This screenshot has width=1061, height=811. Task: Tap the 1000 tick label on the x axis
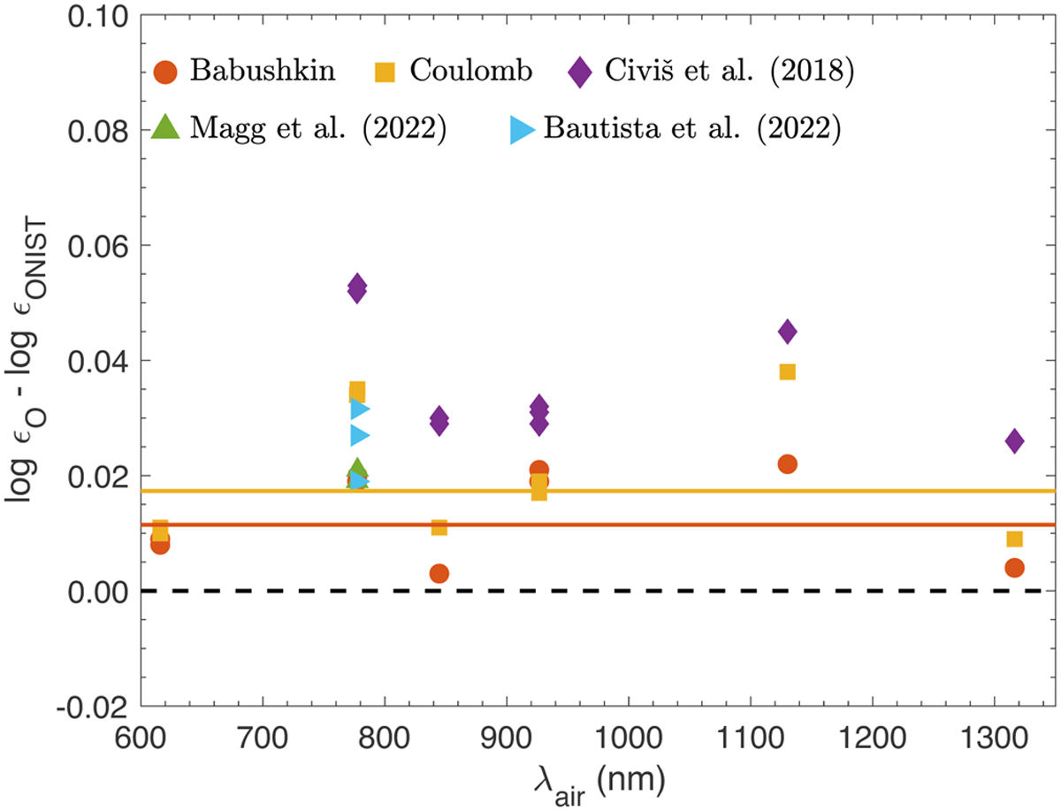click(628, 735)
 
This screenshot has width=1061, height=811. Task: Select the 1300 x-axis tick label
click(994, 735)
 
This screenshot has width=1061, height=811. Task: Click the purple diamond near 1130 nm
click(787, 332)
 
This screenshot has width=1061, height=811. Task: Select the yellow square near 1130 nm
click(787, 371)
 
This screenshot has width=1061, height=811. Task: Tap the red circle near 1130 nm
click(787, 463)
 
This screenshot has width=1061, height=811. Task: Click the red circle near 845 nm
click(439, 573)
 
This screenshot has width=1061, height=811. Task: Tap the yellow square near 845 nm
click(439, 527)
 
